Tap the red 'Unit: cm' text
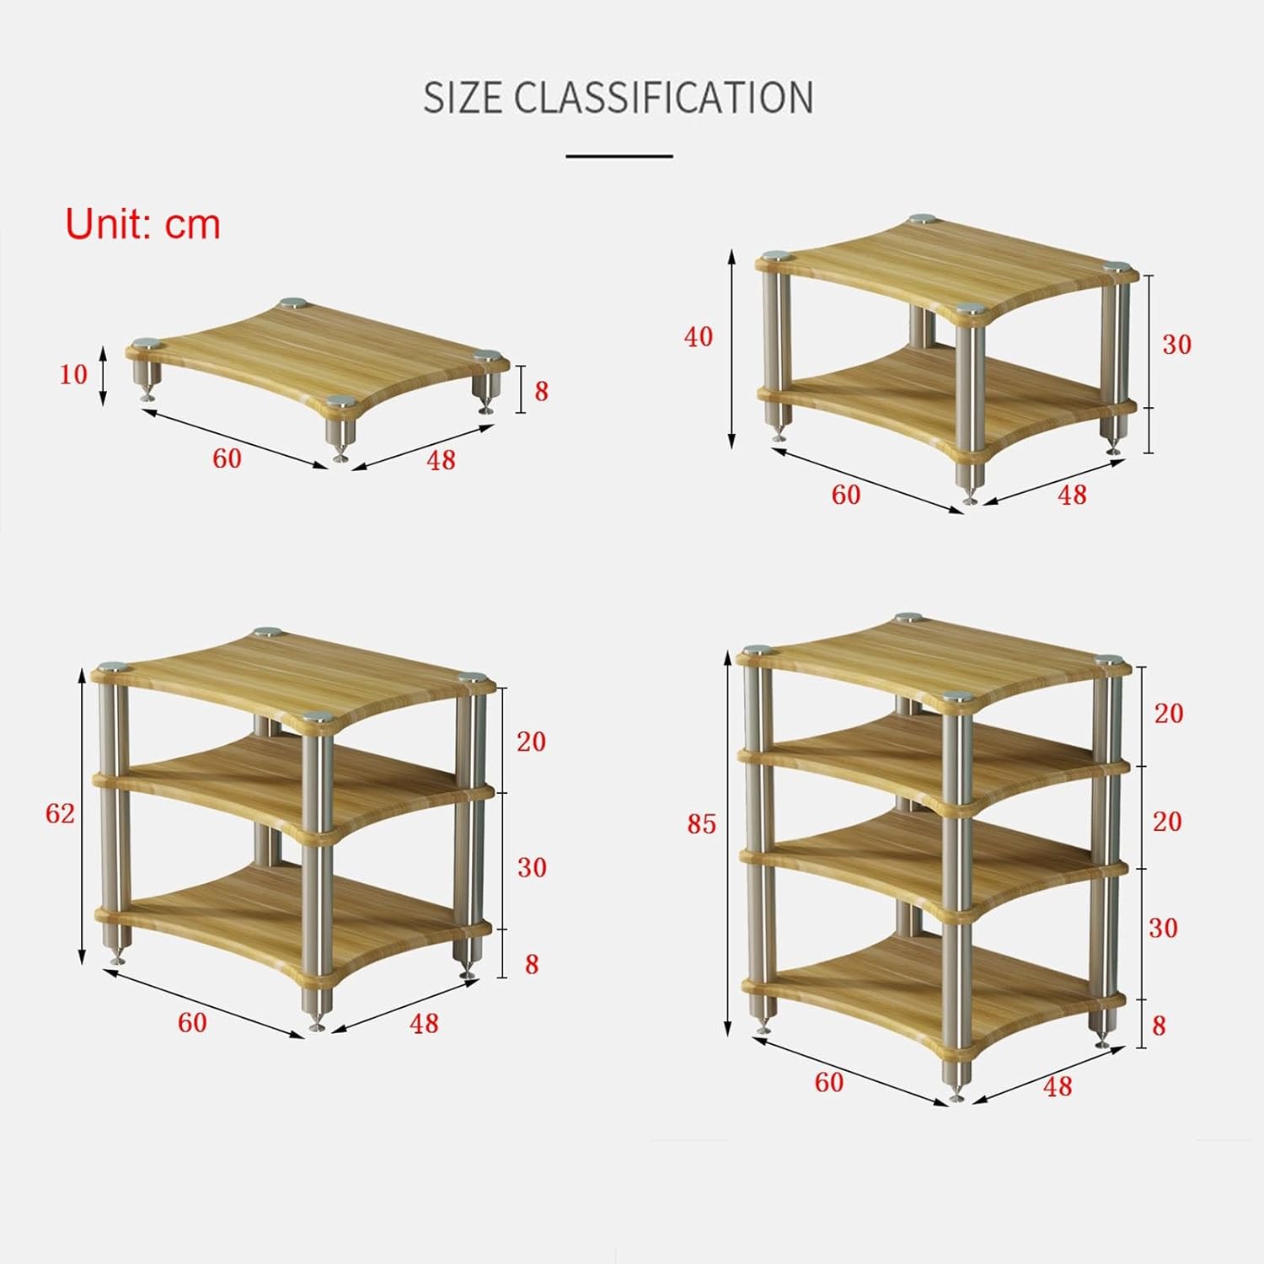[x=143, y=224]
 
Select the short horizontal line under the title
[x=619, y=156]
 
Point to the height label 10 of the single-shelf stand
[x=73, y=374]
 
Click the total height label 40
[x=699, y=337]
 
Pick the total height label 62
[x=60, y=813]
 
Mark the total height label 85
[x=701, y=824]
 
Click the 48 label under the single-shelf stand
[x=441, y=460]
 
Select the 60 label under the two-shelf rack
[x=846, y=495]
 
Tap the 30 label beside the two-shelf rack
[x=1177, y=345]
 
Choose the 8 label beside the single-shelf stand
[x=541, y=391]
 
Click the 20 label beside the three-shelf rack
[x=531, y=742]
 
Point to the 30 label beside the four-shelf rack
[x=1164, y=928]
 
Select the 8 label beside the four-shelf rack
[x=1159, y=1026]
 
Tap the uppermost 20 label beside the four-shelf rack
[x=1169, y=713]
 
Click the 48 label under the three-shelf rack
[x=424, y=1023]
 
